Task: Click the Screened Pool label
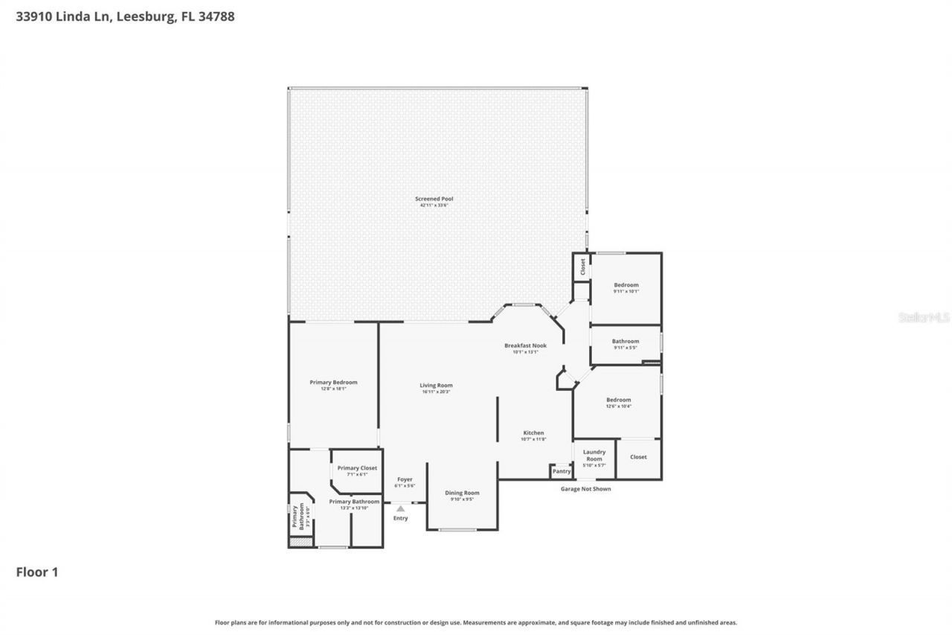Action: (x=434, y=199)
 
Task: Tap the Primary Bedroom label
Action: (x=333, y=383)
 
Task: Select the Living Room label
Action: (x=436, y=386)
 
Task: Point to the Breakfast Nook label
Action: (x=525, y=345)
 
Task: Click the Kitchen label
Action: (x=533, y=433)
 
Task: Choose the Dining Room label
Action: (x=462, y=493)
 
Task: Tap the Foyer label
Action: (x=405, y=479)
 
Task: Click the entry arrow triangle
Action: (x=400, y=508)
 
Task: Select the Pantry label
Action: (x=562, y=471)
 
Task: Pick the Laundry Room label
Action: (x=594, y=455)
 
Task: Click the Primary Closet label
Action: (x=357, y=468)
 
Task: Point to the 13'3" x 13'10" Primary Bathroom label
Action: (x=354, y=502)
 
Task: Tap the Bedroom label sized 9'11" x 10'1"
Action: (x=625, y=285)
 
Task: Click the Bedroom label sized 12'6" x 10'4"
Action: (x=618, y=400)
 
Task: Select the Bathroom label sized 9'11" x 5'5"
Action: (x=625, y=342)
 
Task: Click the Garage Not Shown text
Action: (x=585, y=489)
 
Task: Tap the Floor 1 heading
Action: (x=37, y=572)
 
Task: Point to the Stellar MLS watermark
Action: (x=924, y=317)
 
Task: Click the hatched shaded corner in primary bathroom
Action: (x=300, y=543)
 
